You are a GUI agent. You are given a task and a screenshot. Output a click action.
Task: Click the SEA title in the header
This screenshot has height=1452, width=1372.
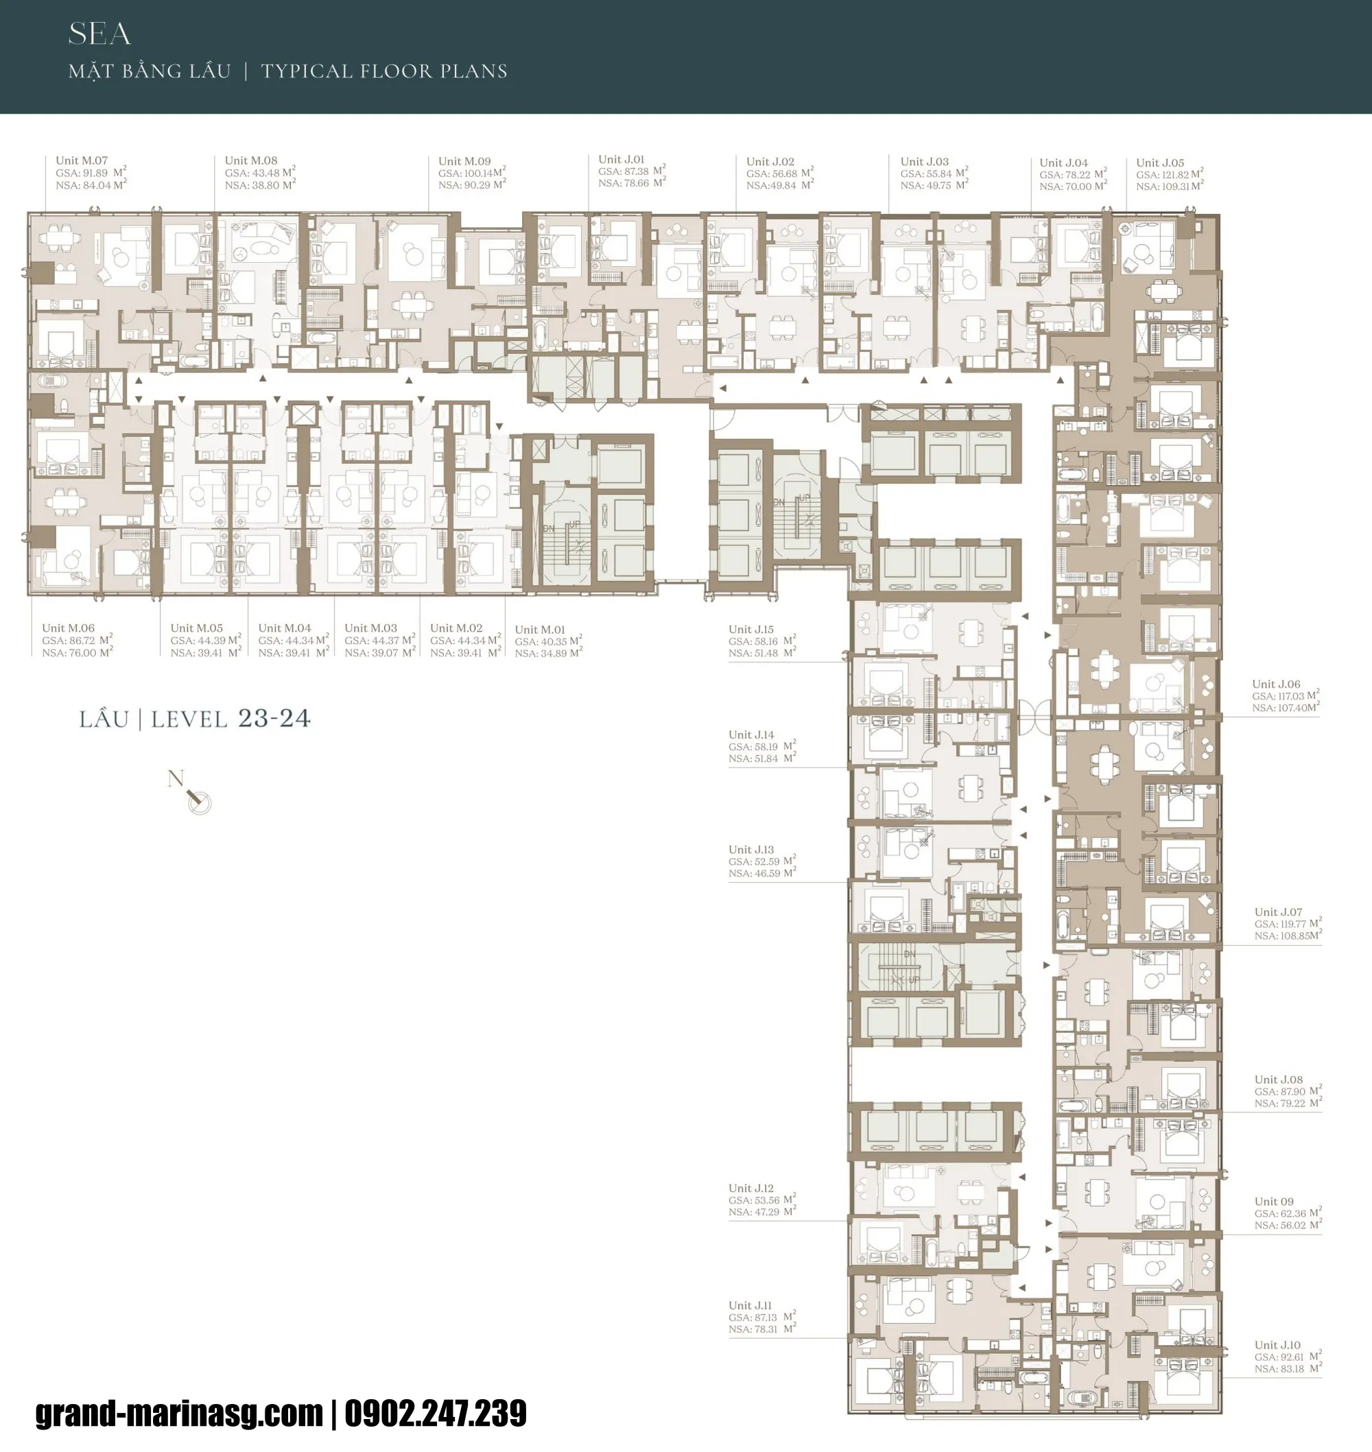pos(99,34)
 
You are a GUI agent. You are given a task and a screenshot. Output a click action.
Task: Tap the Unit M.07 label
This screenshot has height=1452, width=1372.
pos(81,160)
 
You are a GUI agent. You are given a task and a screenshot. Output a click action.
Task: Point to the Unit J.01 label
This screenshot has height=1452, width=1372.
pos(621,158)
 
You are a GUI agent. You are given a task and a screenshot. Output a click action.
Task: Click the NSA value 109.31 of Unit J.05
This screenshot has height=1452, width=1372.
pos(1173,187)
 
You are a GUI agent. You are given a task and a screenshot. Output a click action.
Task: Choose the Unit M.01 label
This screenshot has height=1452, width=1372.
pos(540,630)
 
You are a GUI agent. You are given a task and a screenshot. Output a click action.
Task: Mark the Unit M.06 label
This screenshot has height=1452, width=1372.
pos(68,628)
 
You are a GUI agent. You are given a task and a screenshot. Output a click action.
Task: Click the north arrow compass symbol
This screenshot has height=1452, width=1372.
pos(198,801)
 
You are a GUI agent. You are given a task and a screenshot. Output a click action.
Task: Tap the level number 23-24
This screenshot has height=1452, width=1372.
pos(274,719)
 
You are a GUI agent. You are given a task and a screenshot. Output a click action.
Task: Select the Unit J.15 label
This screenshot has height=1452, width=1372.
pos(750,630)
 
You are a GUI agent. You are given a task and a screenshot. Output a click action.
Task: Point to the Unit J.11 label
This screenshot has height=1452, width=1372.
pos(750,1305)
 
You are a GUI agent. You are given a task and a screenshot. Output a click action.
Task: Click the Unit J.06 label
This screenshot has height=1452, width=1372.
pos(1275,685)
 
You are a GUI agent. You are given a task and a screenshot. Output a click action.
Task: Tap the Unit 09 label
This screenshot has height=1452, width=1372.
pos(1273,1201)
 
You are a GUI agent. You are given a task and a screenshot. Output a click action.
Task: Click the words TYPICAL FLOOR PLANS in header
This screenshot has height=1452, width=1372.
pos(384,71)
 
